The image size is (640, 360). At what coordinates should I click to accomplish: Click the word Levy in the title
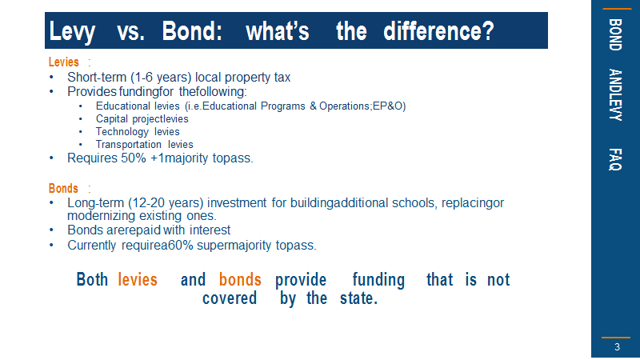[x=72, y=32]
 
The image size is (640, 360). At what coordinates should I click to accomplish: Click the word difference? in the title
[x=438, y=31]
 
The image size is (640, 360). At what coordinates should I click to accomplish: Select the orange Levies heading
[x=64, y=62]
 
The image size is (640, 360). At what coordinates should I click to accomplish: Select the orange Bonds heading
[x=63, y=189]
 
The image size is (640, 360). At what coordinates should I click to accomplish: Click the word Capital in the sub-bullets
[x=112, y=118]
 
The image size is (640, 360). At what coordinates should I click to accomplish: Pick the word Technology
[x=122, y=132]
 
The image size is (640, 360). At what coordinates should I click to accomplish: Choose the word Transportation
[x=129, y=145]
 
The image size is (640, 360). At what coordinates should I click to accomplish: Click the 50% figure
[x=134, y=158]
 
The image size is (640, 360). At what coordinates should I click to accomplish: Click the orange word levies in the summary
[x=138, y=279]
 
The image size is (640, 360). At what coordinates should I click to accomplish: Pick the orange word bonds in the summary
[x=240, y=279]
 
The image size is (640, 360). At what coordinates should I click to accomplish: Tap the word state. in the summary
[x=358, y=298]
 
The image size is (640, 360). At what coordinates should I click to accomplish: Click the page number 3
[x=617, y=347]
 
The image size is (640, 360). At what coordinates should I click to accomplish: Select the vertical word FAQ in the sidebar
[x=615, y=159]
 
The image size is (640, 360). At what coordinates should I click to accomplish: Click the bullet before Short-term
[x=51, y=77]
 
